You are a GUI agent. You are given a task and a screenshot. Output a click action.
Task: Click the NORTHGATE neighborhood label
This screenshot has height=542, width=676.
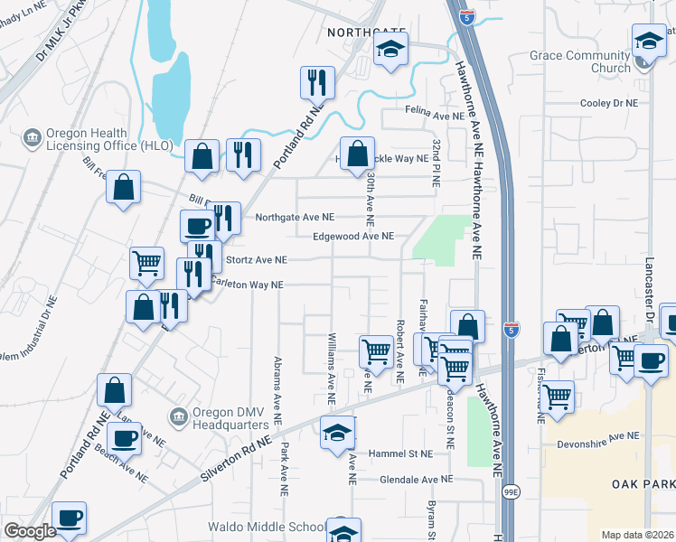(x=361, y=32)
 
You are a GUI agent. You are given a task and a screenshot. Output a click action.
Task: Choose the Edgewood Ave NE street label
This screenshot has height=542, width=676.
(x=353, y=237)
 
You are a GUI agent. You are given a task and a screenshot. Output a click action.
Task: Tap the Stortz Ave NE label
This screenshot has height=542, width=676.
(x=257, y=260)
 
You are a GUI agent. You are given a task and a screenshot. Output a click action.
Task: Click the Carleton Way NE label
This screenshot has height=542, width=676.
(x=246, y=285)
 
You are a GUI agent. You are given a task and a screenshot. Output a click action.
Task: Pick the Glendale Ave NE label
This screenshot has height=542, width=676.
(x=416, y=480)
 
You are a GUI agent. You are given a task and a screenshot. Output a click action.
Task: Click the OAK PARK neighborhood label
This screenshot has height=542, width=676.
(x=643, y=484)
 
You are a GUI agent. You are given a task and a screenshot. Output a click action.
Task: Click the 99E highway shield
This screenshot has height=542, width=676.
(x=512, y=491)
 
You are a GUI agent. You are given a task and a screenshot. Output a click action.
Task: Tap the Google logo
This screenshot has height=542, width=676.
(x=30, y=531)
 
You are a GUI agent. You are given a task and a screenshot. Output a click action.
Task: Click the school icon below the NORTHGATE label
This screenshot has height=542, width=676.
(x=391, y=50)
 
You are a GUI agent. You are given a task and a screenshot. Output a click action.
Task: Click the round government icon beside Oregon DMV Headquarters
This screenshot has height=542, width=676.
(x=178, y=416)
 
